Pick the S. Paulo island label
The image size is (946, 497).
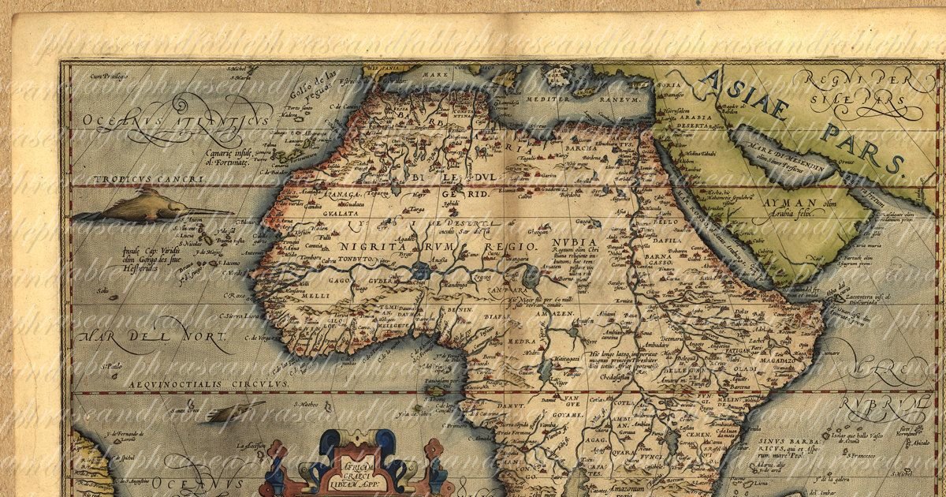click(111, 365)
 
